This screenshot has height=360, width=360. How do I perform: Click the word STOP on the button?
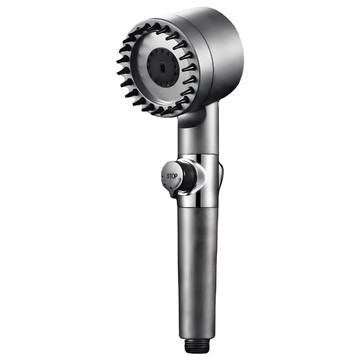pyautogui.click(x=172, y=176)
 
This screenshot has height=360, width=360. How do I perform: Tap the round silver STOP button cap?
pyautogui.click(x=172, y=176)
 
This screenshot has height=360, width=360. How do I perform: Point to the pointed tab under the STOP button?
pyautogui.click(x=174, y=192)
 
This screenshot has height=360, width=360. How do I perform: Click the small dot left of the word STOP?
pyautogui.click(x=164, y=176)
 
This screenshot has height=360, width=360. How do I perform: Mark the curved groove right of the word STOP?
pyautogui.click(x=180, y=177)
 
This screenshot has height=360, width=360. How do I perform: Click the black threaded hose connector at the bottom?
pyautogui.click(x=197, y=346)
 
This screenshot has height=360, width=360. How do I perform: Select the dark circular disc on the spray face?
pyautogui.click(x=163, y=67)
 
